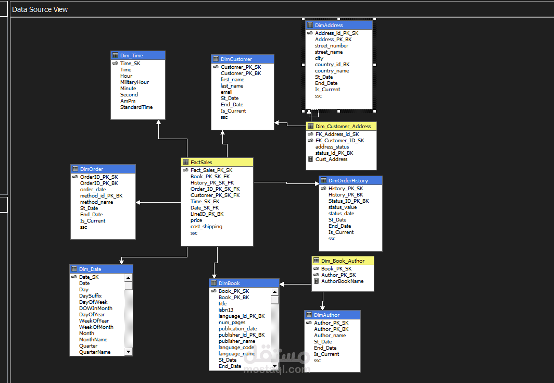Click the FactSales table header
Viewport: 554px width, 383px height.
tap(217, 163)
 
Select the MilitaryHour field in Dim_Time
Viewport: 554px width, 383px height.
tap(134, 82)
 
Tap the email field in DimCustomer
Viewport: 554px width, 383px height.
tap(226, 92)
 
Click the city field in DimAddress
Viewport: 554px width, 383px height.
tap(319, 58)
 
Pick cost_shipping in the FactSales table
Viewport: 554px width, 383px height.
tap(206, 227)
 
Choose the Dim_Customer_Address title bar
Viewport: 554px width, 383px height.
tap(341, 126)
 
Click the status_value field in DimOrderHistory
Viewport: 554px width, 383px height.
tap(343, 207)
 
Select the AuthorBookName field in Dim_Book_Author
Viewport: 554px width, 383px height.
tap(343, 281)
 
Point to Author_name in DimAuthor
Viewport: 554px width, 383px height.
tap(330, 335)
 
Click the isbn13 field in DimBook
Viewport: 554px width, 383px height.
tap(226, 310)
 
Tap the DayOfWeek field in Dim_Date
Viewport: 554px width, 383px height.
tap(93, 302)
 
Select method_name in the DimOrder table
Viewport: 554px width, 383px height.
tap(96, 202)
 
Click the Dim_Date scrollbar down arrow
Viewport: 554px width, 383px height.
tap(129, 352)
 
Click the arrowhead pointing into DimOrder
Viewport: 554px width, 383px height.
tap(138, 202)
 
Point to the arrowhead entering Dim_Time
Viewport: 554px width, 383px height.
tap(159, 122)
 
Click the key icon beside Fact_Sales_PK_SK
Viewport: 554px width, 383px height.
tap(185, 170)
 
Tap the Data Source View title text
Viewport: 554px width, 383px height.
tap(40, 9)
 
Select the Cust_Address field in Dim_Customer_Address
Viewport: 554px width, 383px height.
tap(331, 159)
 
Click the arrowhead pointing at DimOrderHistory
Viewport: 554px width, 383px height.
tap(317, 183)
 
